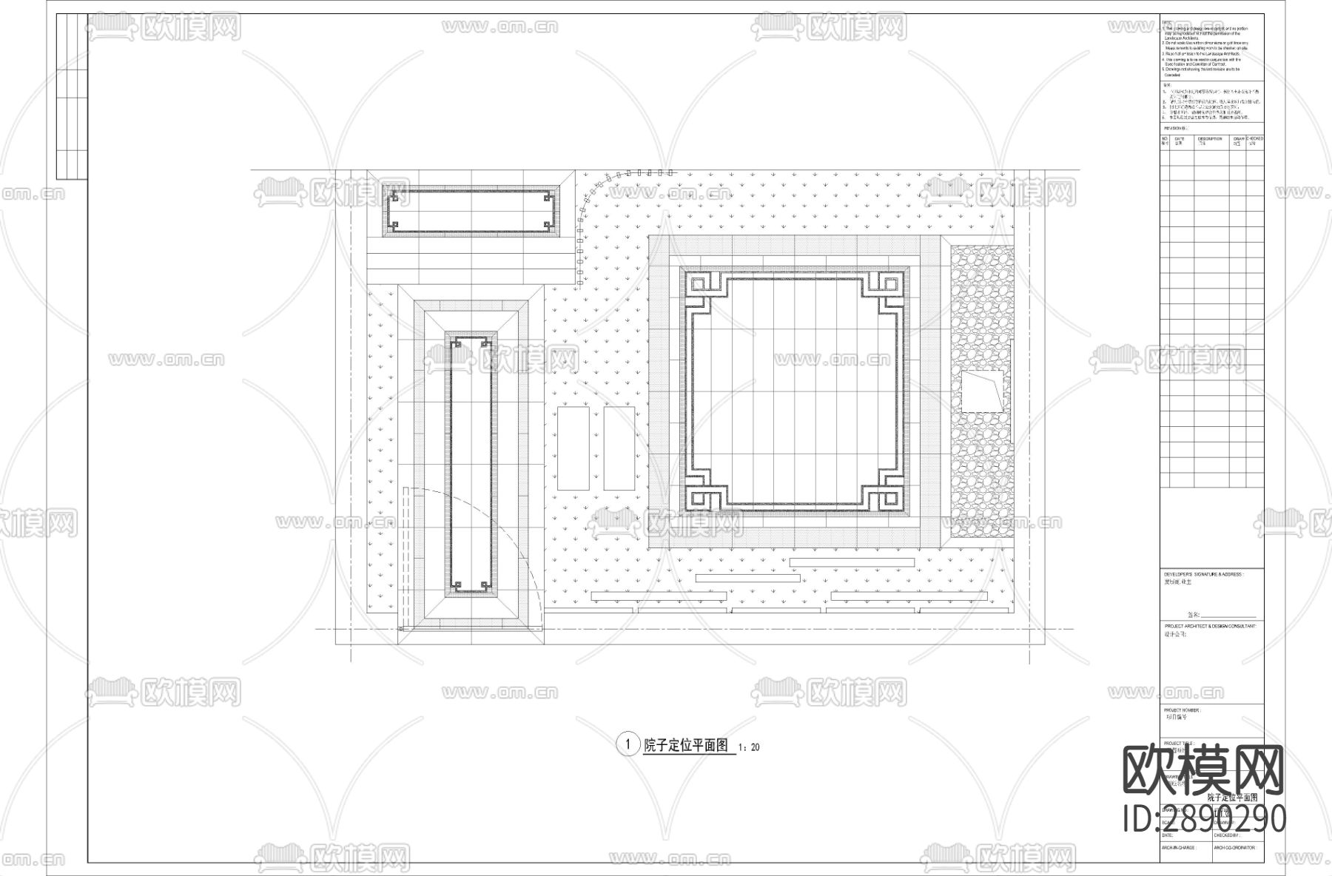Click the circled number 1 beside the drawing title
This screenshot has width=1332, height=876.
click(628, 744)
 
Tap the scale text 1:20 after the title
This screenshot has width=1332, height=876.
click(750, 747)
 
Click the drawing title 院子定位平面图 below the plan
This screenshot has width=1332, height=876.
click(687, 745)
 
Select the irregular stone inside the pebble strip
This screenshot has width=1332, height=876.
click(982, 391)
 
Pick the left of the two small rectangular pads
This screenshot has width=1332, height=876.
click(573, 448)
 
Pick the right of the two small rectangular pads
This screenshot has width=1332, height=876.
click(619, 448)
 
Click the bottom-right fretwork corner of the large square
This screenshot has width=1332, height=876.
click(886, 491)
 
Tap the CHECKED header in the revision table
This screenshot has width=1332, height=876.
click(1255, 140)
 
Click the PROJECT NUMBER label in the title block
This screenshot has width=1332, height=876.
click(1180, 710)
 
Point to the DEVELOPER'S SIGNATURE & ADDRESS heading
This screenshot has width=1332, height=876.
click(1203, 573)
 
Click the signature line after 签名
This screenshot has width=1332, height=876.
click(1228, 616)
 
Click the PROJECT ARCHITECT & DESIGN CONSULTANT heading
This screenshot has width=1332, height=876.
click(1209, 626)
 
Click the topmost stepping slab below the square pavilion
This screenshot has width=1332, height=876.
click(852, 562)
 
